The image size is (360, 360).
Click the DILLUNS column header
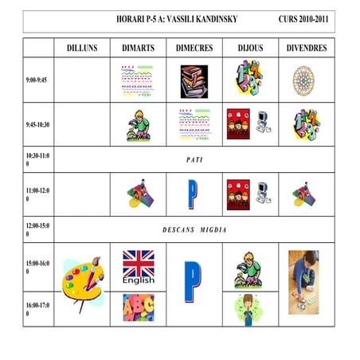82,48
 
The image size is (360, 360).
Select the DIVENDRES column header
307,48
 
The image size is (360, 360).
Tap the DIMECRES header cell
194,48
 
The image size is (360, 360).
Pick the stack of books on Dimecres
194,80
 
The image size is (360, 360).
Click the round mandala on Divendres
306,80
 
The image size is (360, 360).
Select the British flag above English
138,263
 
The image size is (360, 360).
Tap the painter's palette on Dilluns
80,283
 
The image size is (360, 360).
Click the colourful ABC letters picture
138,307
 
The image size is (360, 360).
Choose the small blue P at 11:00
192,194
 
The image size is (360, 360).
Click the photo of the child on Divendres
306,283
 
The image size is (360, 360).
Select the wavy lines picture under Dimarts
138,80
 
